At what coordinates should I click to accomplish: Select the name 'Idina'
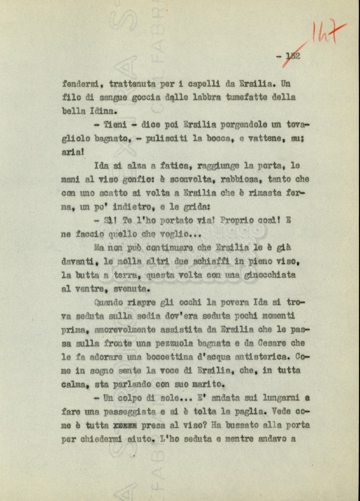pos(103,111)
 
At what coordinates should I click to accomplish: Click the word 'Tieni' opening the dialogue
pos(115,125)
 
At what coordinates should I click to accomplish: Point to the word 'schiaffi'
pos(203,262)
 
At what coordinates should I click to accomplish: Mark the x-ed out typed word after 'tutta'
pos(125,425)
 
